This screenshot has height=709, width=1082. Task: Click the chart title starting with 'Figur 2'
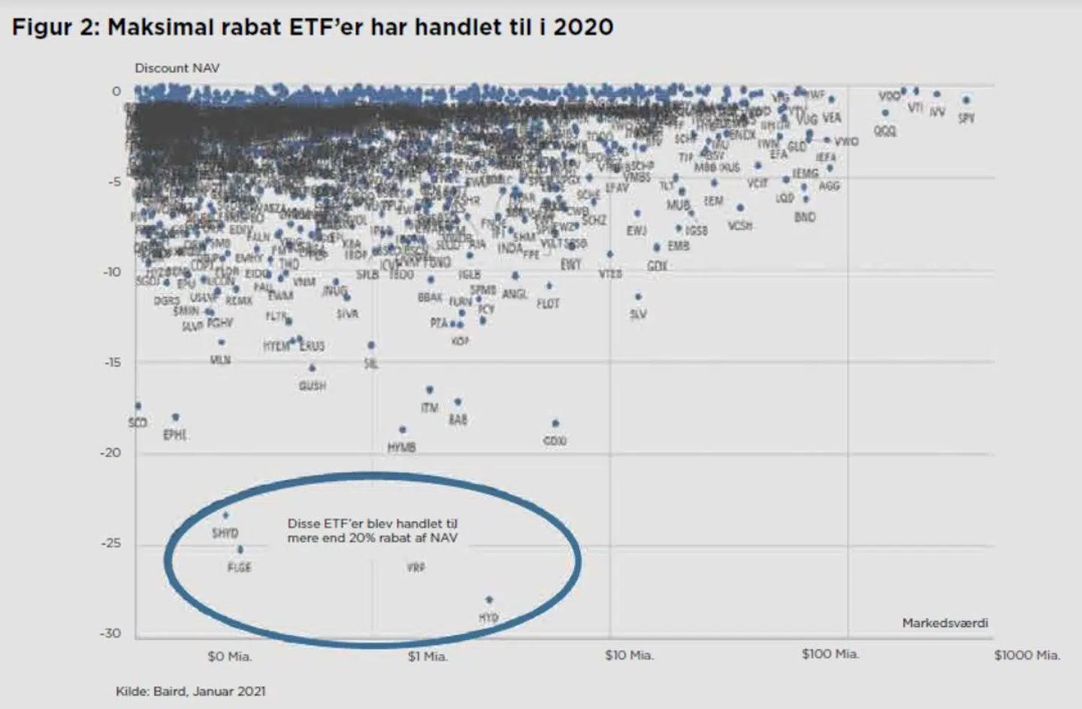[312, 28]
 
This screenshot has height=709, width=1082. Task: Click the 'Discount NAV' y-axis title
[177, 68]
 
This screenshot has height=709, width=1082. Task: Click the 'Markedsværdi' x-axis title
[944, 623]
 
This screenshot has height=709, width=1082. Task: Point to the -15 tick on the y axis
[111, 362]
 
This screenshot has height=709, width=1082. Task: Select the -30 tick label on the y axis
[110, 633]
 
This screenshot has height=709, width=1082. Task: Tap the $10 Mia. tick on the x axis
[629, 656]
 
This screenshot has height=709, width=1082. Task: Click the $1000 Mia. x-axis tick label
[1026, 656]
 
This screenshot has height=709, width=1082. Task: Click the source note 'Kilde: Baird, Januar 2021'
[190, 691]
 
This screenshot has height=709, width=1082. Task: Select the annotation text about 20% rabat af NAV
[372, 530]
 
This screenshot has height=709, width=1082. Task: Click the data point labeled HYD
[489, 599]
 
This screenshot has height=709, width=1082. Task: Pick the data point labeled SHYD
[225, 515]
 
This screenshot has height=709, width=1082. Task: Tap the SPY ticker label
[966, 118]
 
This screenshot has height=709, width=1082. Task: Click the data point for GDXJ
[555, 424]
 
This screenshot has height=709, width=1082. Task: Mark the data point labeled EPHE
[176, 417]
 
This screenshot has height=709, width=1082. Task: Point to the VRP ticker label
[416, 568]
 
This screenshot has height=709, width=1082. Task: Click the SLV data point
[638, 297]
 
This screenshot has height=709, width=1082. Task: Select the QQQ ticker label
[884, 131]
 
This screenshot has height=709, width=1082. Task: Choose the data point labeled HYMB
[403, 430]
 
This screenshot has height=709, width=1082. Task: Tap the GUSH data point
[312, 368]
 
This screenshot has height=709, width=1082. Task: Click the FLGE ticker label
[239, 567]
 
